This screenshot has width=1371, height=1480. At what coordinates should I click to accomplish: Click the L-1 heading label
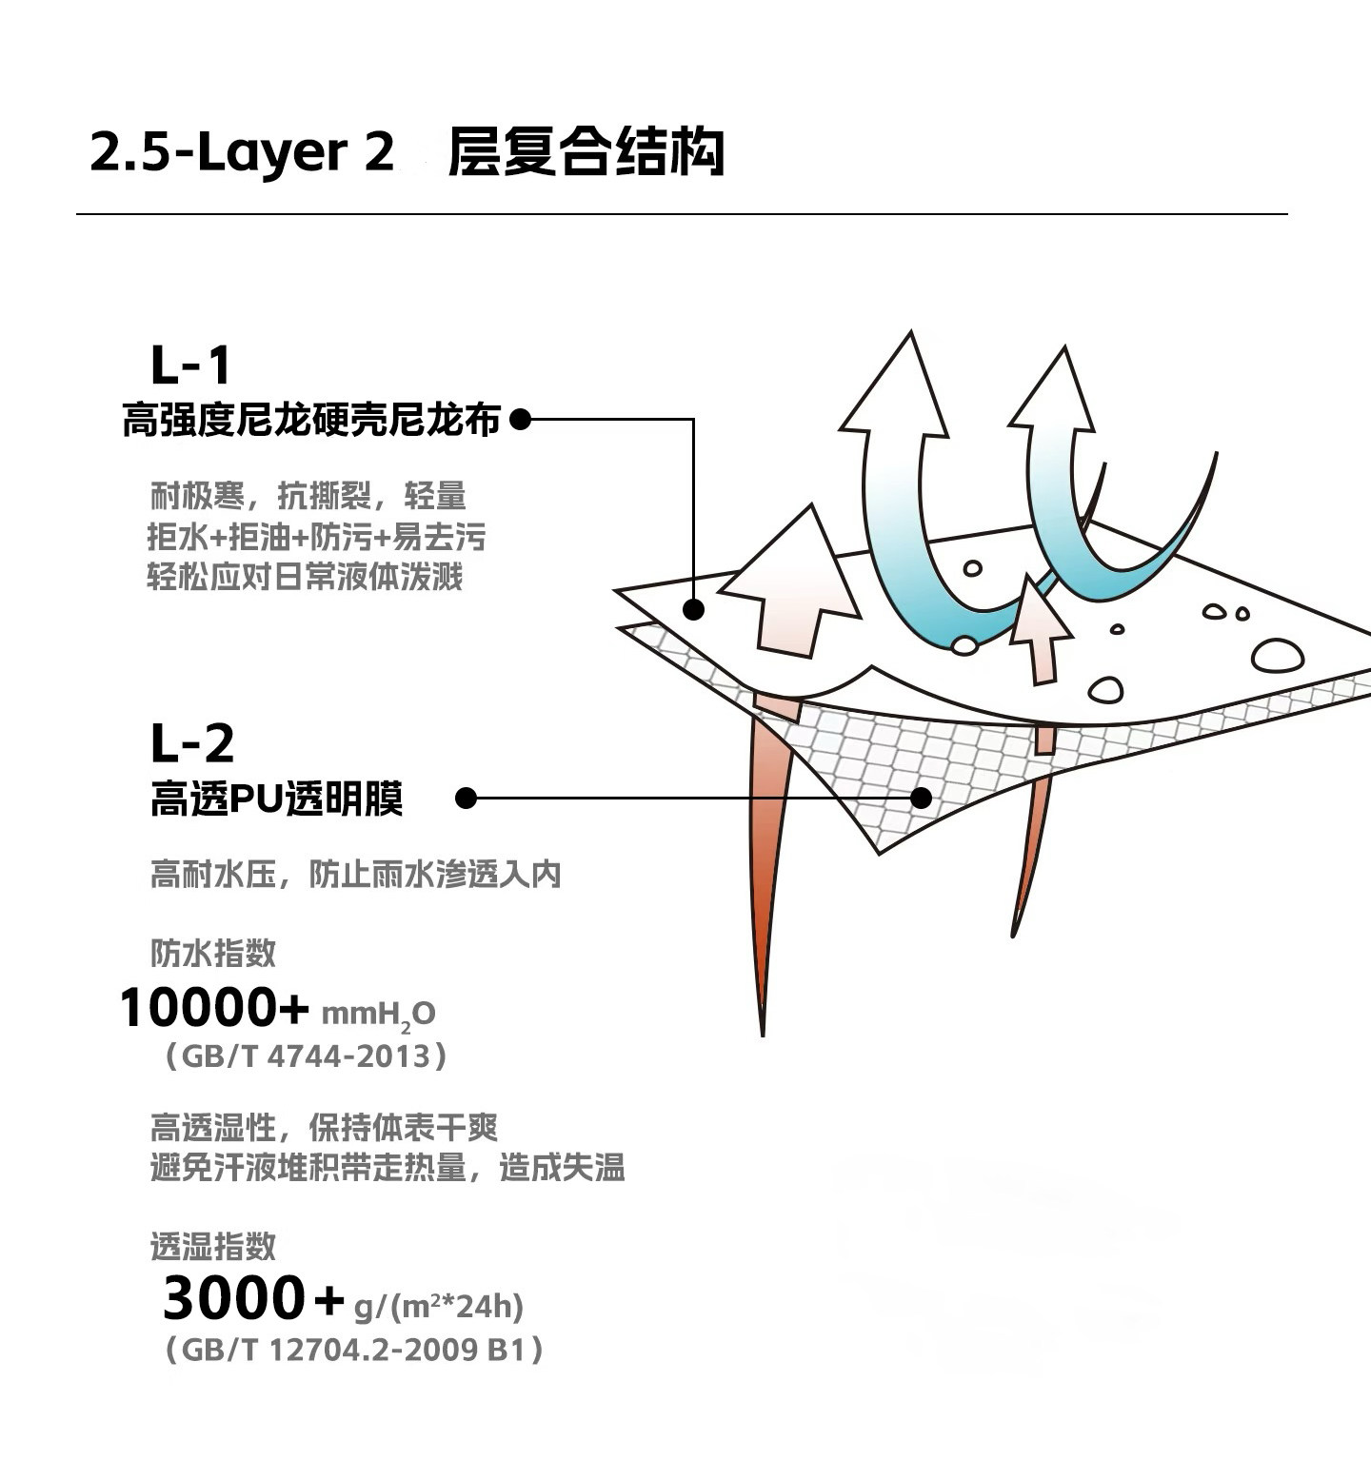(x=191, y=365)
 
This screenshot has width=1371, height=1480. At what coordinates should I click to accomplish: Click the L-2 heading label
(x=192, y=744)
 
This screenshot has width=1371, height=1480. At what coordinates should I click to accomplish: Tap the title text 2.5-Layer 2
(x=242, y=152)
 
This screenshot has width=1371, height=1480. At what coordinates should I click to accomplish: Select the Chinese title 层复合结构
(x=586, y=152)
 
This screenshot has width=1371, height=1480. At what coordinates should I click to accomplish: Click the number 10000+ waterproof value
(x=214, y=1008)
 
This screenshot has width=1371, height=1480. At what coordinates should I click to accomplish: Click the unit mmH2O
(x=378, y=1015)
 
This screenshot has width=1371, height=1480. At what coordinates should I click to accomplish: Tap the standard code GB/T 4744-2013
(x=306, y=1056)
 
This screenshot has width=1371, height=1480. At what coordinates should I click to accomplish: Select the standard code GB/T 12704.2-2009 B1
(x=354, y=1350)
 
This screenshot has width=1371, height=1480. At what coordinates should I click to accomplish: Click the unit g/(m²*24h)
(x=438, y=1306)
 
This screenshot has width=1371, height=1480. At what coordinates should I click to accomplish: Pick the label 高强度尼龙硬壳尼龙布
(x=311, y=420)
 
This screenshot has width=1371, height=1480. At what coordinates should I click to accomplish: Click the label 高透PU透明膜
(x=277, y=799)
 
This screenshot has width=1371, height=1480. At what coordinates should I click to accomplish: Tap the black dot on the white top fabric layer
(x=693, y=609)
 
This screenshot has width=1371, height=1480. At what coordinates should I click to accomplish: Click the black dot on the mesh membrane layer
(x=921, y=798)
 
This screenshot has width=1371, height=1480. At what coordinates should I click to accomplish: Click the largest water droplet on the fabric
(x=1277, y=656)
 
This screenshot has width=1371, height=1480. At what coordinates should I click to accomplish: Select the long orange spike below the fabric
(x=768, y=857)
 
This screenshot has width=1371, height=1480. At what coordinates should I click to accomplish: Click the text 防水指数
(x=213, y=953)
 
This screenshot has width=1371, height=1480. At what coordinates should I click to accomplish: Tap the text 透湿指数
(x=213, y=1246)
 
